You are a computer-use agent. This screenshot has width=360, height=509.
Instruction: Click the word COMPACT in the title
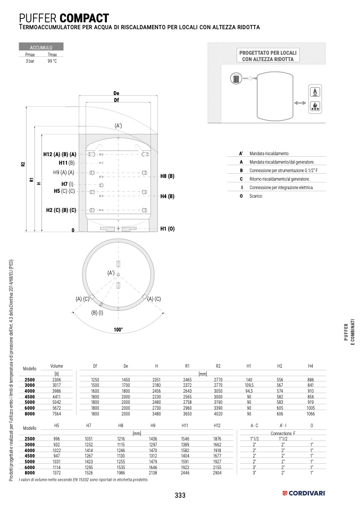pos(85,18)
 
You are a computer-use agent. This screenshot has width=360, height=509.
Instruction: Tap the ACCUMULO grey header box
pos(41,47)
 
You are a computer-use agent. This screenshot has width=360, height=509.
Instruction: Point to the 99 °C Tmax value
pos(52,61)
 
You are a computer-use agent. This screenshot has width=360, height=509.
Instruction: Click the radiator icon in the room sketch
pos(236,78)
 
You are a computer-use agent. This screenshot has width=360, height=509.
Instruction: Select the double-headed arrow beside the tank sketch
pos(300,103)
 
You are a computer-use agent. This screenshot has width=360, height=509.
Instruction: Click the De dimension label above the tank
pos(116,93)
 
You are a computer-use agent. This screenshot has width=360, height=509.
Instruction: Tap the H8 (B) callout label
pos(168,176)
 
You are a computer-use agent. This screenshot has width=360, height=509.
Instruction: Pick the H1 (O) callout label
pos(168,229)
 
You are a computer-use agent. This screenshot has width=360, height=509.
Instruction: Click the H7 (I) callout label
pos(67,184)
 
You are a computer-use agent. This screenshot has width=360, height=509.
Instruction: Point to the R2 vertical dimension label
pos(23,164)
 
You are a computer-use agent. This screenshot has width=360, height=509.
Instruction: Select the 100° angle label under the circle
pos(118,330)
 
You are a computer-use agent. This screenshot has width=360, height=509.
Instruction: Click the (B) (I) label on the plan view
pos(97,313)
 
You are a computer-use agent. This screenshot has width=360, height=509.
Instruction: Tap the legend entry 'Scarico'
pos(256,196)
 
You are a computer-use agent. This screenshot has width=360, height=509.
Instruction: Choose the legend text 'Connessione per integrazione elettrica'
pos(281,188)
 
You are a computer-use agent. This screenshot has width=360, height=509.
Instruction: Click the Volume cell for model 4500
pos(56,397)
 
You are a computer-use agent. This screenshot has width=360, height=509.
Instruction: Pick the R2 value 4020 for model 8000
pos(218,414)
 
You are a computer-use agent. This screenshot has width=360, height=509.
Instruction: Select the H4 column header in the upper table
pos(311,366)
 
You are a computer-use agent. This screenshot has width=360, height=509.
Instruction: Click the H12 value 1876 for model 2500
pos(217,439)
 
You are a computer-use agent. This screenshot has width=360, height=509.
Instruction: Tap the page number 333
pos(180,495)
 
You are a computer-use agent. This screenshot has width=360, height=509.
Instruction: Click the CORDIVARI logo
pos(304,494)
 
